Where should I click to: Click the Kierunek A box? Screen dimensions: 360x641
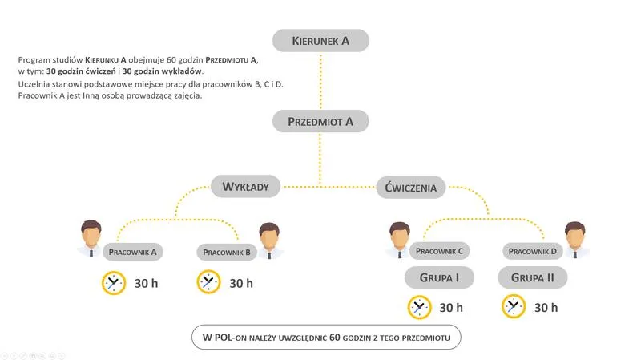320,41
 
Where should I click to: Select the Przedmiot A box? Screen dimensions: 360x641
320,122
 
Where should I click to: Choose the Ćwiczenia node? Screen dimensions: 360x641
411,188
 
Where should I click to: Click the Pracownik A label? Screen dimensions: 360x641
132,252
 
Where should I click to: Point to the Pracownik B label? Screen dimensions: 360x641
228,252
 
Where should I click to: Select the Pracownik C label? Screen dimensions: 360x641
439,251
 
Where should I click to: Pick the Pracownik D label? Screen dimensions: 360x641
534,251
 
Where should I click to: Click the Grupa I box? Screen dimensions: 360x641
439,278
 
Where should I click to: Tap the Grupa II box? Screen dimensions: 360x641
533,278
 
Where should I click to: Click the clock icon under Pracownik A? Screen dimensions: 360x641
114,283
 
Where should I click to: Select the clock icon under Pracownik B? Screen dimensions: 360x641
209,282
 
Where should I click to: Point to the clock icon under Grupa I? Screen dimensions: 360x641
420,307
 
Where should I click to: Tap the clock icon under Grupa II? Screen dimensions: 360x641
514,306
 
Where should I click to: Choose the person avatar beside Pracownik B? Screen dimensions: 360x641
270,240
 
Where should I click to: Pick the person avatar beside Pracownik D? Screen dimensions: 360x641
575,239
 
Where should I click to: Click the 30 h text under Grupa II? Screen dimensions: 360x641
546,308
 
